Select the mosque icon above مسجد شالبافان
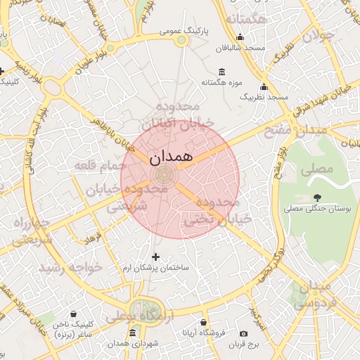[240, 38]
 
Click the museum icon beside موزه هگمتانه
[222, 72]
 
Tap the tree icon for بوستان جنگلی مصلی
[318, 198]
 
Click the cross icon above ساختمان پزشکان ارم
[155, 257]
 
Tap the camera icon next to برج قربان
[244, 333]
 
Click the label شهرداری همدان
[131, 342]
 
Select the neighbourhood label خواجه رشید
[70, 268]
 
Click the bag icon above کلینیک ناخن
[73, 314]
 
